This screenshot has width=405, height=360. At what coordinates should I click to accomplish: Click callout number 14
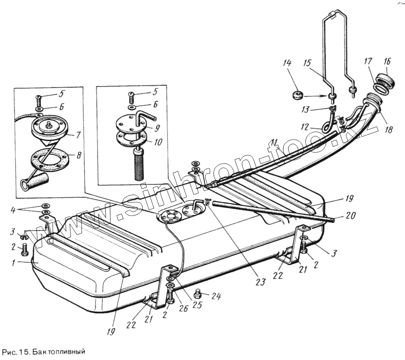click(x=286, y=63)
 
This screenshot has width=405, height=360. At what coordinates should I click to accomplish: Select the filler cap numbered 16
click(x=382, y=80)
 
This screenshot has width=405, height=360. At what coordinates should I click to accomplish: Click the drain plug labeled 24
click(x=198, y=294)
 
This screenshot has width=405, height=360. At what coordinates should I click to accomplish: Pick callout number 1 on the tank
click(x=14, y=261)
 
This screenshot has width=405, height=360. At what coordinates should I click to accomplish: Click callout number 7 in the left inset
click(x=78, y=135)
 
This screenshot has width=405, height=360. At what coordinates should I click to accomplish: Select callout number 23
click(x=260, y=282)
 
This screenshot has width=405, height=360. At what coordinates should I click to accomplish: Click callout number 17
click(x=368, y=63)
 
